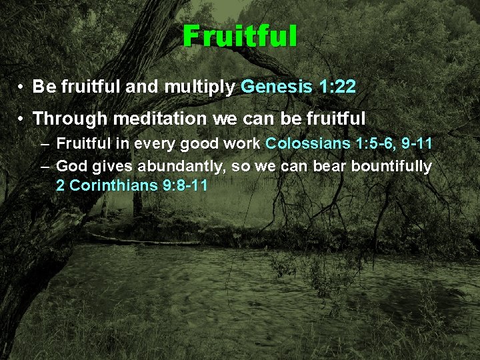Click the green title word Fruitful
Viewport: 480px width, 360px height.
pos(240,36)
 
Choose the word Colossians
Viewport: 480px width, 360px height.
pos(304,145)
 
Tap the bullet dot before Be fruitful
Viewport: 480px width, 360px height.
pos(22,87)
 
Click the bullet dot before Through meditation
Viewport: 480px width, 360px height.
pos(22,119)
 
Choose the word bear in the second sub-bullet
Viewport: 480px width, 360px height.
pos(320,165)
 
